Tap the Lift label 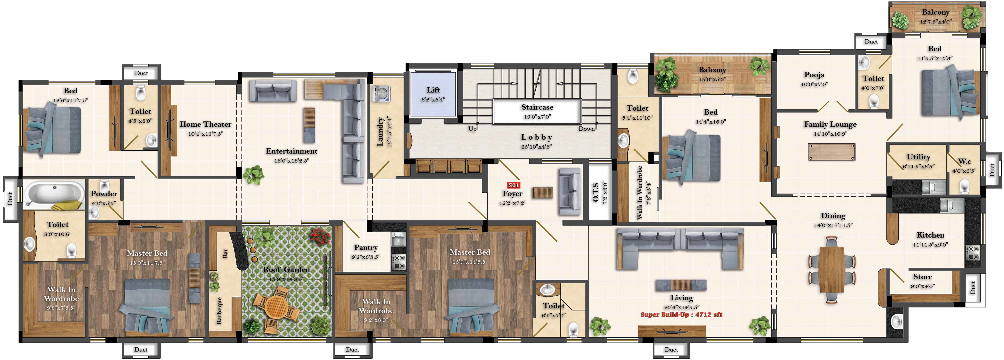pyautogui.click(x=433, y=90)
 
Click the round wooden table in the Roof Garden pyautogui.click(x=276, y=307)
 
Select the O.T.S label pyautogui.click(x=595, y=192)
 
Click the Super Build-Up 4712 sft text pyautogui.click(x=681, y=315)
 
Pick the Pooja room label pyautogui.click(x=814, y=75)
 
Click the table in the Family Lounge pyautogui.click(x=832, y=152)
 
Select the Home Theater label pyautogui.click(x=205, y=124)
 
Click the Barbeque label pyautogui.click(x=219, y=310)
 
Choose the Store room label pyautogui.click(x=922, y=277)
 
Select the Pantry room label pyautogui.click(x=366, y=247)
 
